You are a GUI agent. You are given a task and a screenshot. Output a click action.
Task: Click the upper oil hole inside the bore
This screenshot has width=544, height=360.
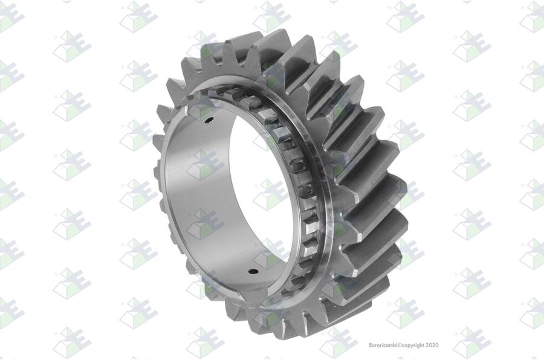209,120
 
